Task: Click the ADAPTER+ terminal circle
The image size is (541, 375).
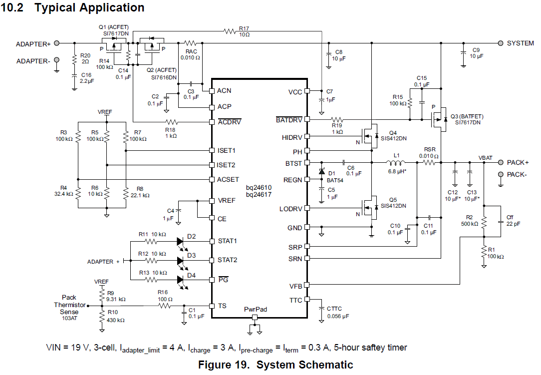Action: [x=57, y=43]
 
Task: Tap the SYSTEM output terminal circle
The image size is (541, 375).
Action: [x=500, y=43]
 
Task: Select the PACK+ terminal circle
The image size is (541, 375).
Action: [x=500, y=162]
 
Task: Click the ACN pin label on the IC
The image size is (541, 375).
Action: [x=224, y=91]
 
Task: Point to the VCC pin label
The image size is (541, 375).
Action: [x=295, y=91]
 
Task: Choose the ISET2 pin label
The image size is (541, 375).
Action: [x=227, y=165]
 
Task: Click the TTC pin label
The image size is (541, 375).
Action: [x=296, y=300]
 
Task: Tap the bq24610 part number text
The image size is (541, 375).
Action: [x=259, y=187]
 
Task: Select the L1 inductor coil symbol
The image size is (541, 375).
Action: [x=397, y=162]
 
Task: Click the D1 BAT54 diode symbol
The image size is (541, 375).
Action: [x=322, y=172]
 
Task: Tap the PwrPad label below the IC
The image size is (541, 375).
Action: [x=255, y=310]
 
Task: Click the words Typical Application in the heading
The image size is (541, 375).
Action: [x=89, y=8]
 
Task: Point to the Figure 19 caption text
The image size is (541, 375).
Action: [x=275, y=365]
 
